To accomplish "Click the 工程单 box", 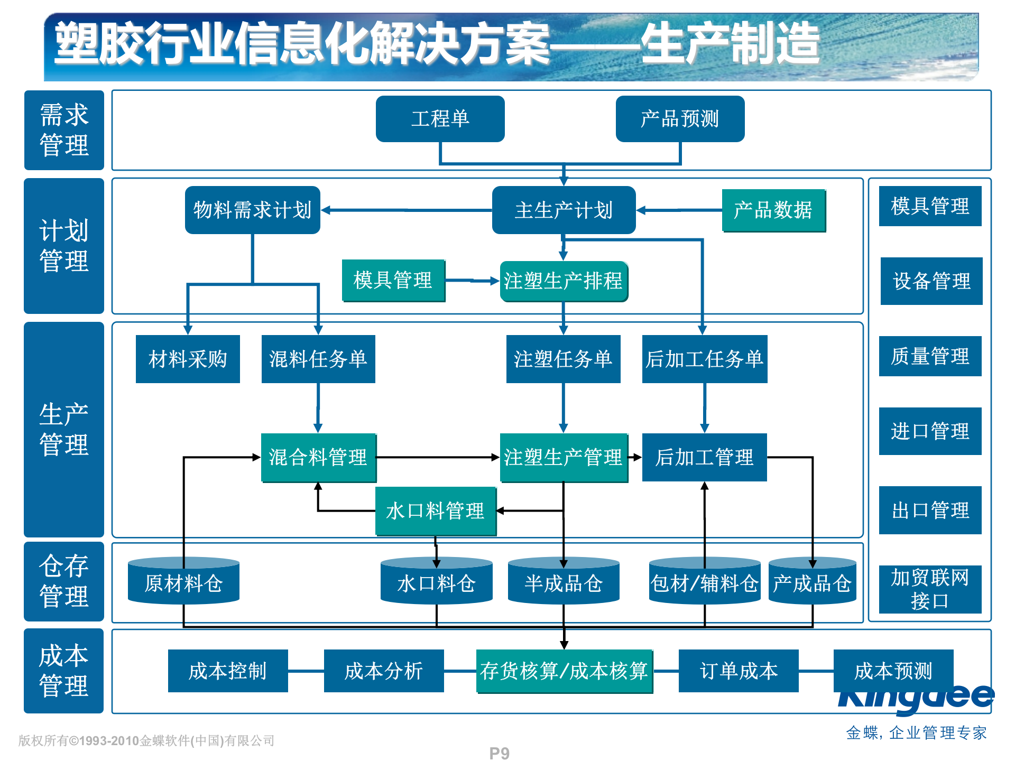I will pos(440,119).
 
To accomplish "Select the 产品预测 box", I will pos(680,119).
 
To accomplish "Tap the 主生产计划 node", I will pos(564,210).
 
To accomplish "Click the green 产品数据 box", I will pos(773,210).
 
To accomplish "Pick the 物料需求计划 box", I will pos(252,210).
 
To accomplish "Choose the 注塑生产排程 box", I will pos(564,281).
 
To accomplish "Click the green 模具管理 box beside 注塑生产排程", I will pos(393,281).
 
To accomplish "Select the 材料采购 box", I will pos(188,359).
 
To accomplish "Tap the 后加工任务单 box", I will pos(704,359).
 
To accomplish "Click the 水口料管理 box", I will pos(435,511).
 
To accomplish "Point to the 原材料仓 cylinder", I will pos(183,581).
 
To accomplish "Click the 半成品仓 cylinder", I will pos(564,581).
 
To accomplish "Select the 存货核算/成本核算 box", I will pos(564,671).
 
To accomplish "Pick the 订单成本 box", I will pos(739,671).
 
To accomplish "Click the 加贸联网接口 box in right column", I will pos(930,589).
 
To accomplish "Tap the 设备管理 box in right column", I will pos(931,281).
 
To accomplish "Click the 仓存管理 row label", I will pos(64,581).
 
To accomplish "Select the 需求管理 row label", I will pos(64,130).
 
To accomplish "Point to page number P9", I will pos(499,753).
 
